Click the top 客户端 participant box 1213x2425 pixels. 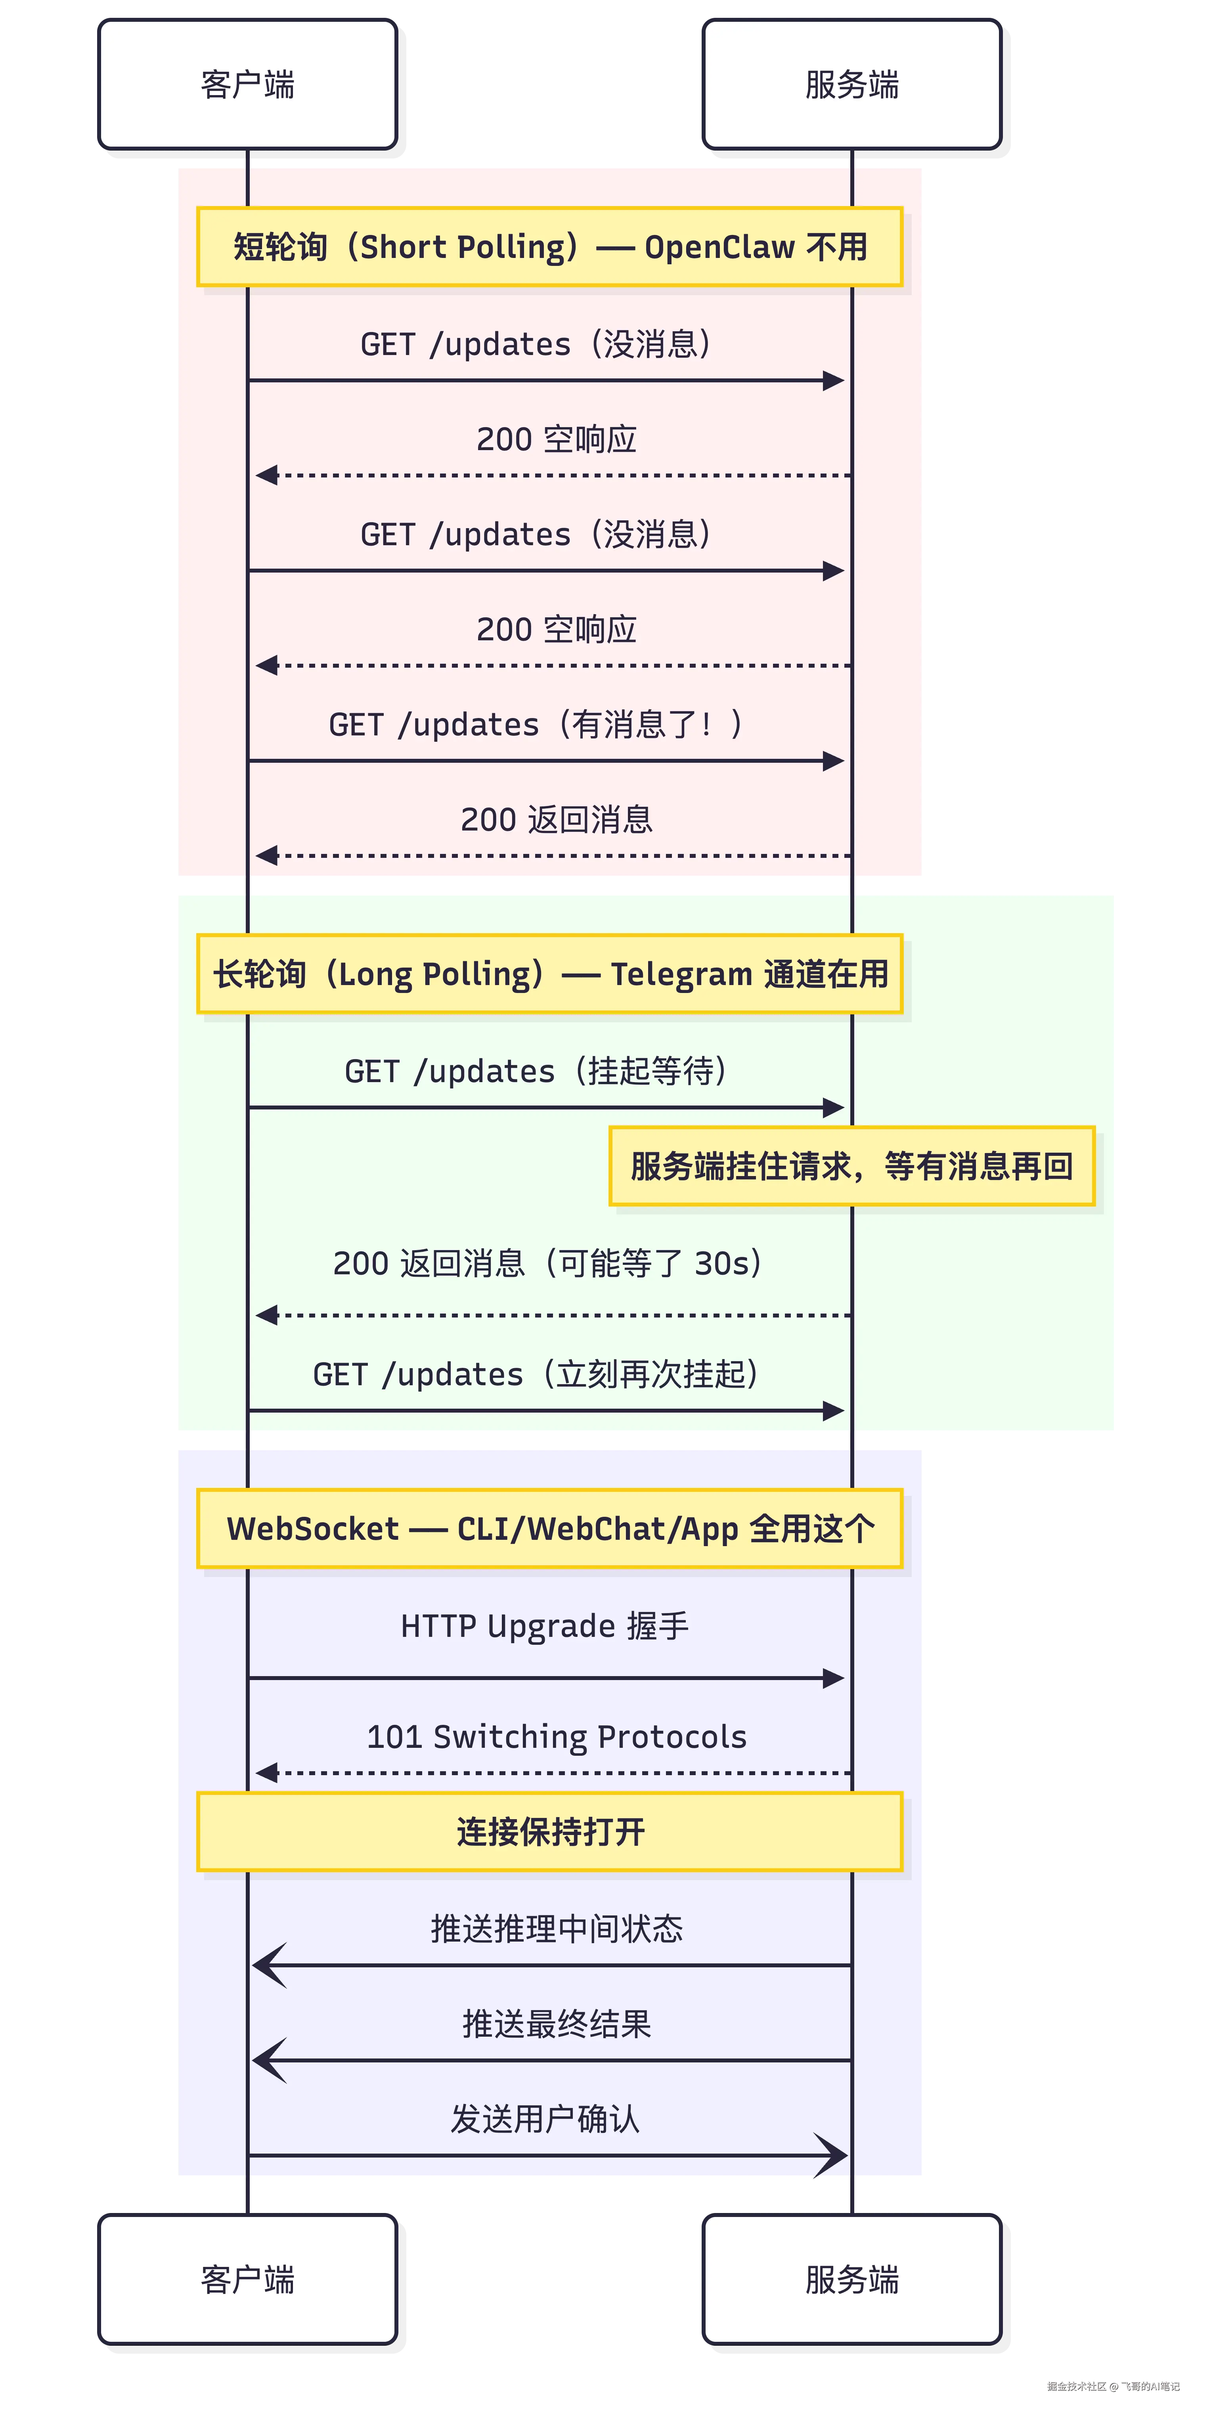(x=248, y=84)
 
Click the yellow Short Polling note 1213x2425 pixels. (x=550, y=246)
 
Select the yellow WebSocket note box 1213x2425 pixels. (x=550, y=1529)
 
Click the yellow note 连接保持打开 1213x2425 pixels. (x=550, y=1832)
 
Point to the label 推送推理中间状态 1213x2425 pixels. (x=557, y=1928)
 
